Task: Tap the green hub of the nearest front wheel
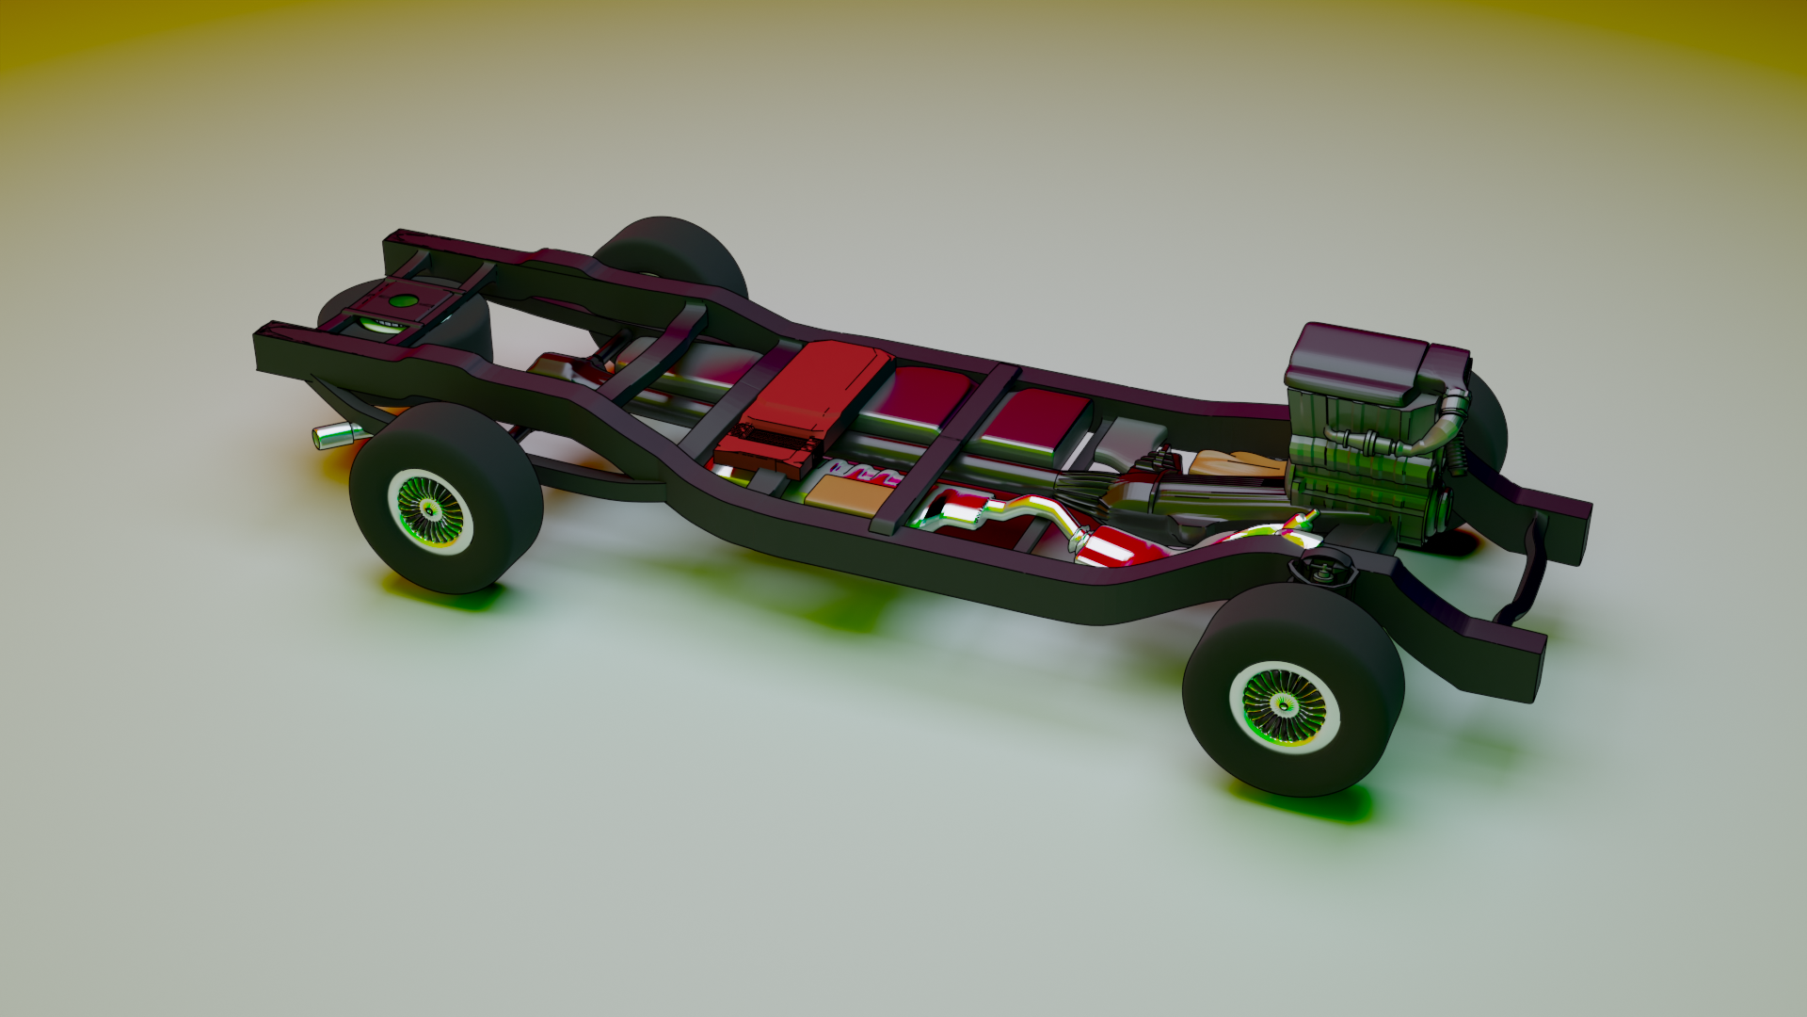click(1283, 704)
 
